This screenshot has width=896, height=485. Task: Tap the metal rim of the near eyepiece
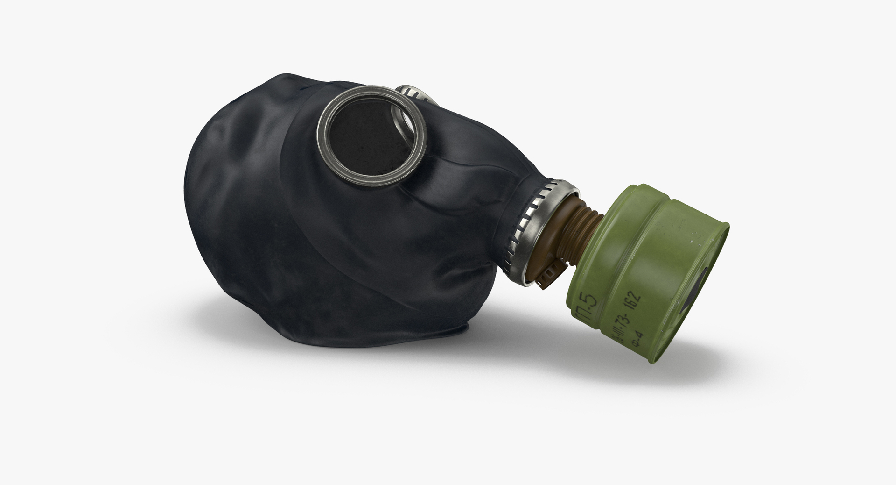(x=322, y=140)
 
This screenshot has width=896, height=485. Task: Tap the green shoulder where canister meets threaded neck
(x=607, y=220)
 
